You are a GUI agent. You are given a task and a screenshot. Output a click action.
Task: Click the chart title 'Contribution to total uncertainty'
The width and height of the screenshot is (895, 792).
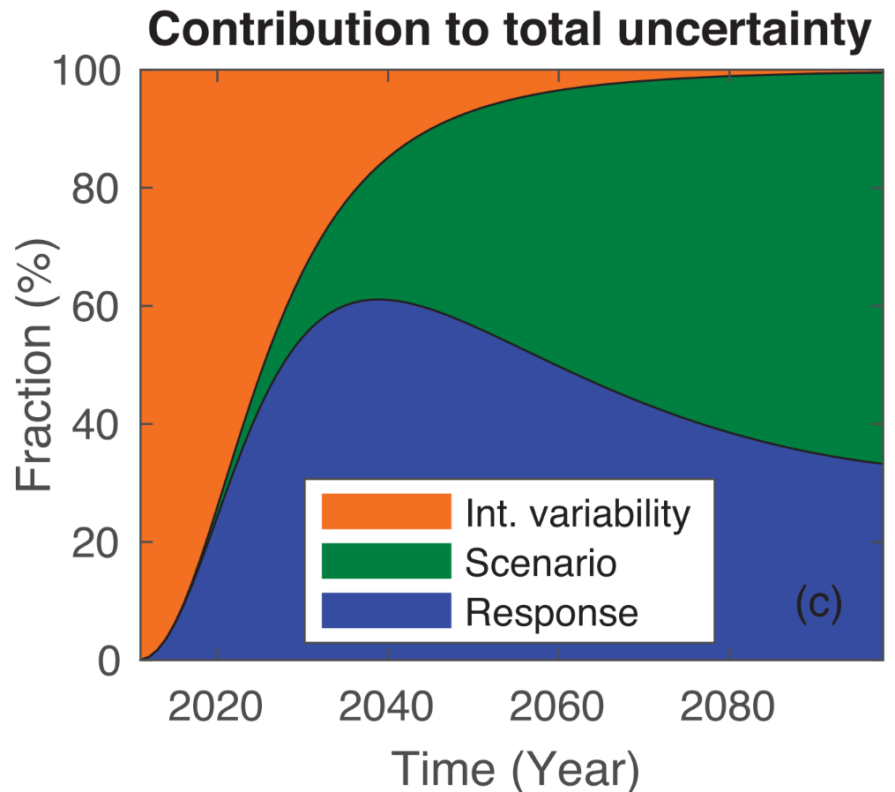tap(511, 31)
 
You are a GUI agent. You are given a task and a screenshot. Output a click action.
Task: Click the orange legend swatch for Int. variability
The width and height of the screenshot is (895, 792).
tap(386, 512)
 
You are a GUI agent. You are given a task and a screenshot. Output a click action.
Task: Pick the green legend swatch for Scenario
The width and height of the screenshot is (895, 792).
tap(386, 562)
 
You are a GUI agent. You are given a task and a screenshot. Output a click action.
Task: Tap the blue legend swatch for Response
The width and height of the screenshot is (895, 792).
tap(386, 611)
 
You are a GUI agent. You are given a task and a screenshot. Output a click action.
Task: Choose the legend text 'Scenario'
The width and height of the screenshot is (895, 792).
tap(541, 562)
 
